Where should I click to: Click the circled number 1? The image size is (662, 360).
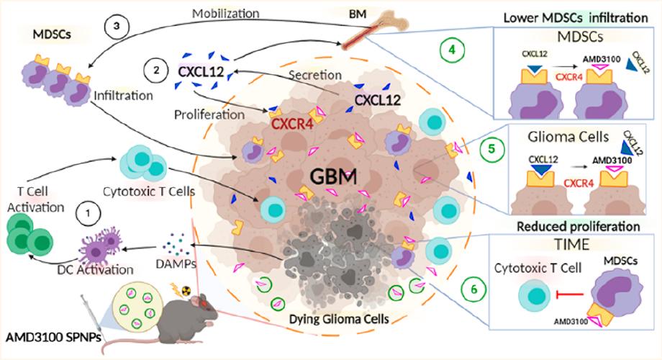coord(88,214)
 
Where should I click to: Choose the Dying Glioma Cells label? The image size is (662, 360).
coord(332,335)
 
